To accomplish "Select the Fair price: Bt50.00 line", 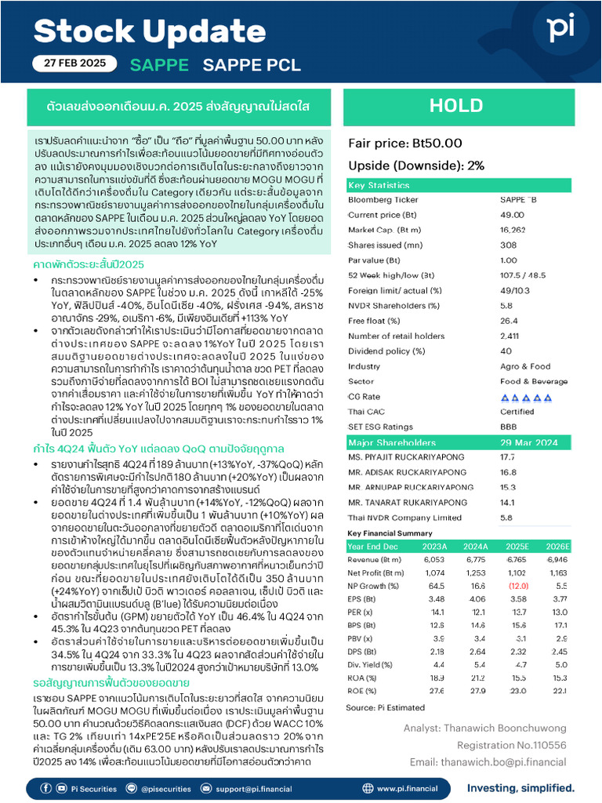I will point(405,143).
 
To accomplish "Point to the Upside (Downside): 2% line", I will point(415,165).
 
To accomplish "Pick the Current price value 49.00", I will point(512,214).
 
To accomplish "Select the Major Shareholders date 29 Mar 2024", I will point(530,442).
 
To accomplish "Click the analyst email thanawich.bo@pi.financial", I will point(491,761).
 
